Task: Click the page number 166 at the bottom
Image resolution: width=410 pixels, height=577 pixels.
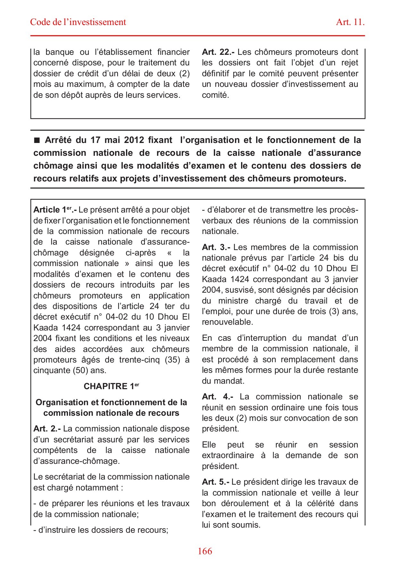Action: pyautogui.click(x=205, y=551)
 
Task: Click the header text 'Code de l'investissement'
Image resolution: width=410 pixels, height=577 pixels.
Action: pyautogui.click(x=78, y=22)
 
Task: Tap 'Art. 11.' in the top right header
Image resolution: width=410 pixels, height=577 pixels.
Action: pyautogui.click(x=350, y=22)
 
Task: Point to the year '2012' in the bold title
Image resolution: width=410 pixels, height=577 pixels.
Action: pyautogui.click(x=134, y=140)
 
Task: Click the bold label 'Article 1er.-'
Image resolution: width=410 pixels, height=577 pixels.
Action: pyautogui.click(x=55, y=210)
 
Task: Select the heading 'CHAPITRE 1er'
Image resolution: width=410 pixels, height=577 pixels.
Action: pyautogui.click(x=111, y=386)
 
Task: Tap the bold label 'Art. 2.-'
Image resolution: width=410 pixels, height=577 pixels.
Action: pyautogui.click(x=47, y=429)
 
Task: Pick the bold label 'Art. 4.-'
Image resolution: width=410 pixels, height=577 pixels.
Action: pyautogui.click(x=217, y=397)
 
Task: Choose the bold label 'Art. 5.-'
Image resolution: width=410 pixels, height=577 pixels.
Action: pyautogui.click(x=215, y=482)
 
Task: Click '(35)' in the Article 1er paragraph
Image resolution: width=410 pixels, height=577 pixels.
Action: pyautogui.click(x=172, y=360)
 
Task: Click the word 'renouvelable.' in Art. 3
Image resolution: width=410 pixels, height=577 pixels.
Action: pyautogui.click(x=227, y=322)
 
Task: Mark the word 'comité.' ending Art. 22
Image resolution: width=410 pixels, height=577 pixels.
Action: pyautogui.click(x=215, y=95)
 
